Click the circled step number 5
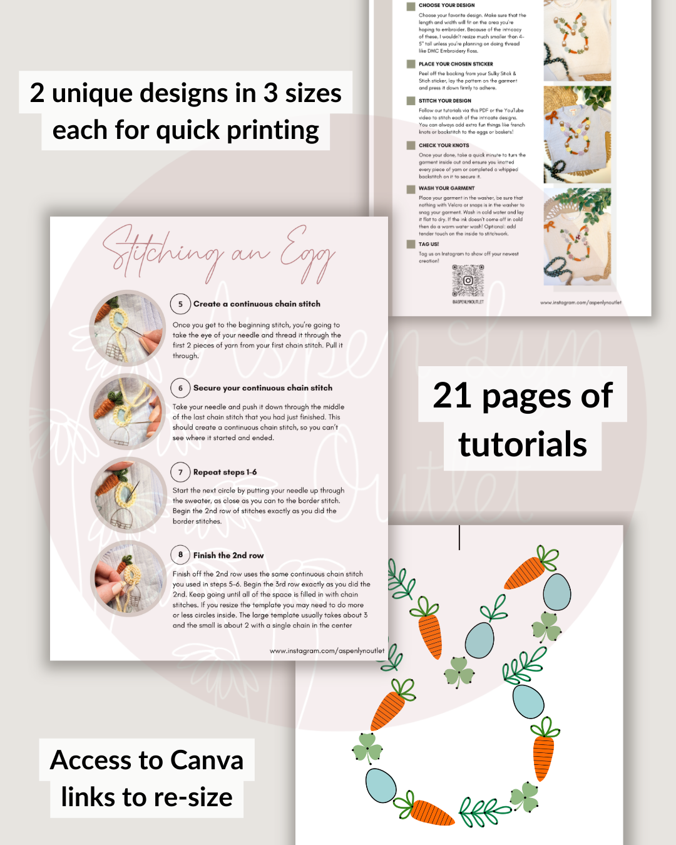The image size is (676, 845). pos(180,304)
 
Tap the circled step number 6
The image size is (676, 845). pos(180,388)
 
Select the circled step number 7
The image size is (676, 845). pos(180,472)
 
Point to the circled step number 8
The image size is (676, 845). pos(180,555)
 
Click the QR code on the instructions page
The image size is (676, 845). pos(468,280)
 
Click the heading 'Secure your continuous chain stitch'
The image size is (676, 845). pos(263,388)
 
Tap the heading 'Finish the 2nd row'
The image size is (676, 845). pos(228,555)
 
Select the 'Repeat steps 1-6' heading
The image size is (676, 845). pos(225,472)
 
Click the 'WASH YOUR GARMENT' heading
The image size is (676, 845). pos(446,188)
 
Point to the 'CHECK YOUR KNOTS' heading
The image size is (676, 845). pos(444,145)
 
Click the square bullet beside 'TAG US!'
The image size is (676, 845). pos(411,244)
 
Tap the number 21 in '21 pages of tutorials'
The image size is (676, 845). pos(452,396)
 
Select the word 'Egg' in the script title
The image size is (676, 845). pos(307,253)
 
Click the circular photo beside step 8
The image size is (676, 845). pos(128,579)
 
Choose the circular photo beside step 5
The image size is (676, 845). pos(128,328)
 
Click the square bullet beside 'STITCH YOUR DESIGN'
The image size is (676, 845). pos(411,101)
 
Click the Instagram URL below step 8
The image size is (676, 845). pos(327,651)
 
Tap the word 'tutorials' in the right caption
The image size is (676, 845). pos(523,444)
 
